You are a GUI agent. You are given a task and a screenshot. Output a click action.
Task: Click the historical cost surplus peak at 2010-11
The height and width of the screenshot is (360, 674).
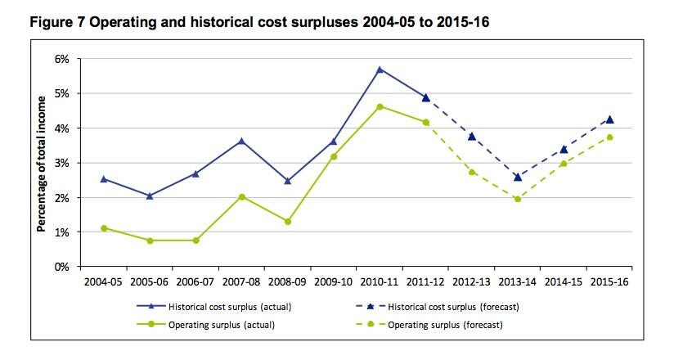click(x=380, y=70)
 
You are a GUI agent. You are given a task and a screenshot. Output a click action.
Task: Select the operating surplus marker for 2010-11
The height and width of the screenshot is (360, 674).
click(x=380, y=106)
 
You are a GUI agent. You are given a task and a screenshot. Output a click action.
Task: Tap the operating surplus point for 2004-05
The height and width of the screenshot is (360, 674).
click(x=104, y=228)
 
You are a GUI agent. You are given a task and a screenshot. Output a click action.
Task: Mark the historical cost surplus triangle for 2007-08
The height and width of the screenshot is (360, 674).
click(x=241, y=141)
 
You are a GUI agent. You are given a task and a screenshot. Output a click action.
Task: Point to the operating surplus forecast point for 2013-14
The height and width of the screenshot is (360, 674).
click(x=518, y=199)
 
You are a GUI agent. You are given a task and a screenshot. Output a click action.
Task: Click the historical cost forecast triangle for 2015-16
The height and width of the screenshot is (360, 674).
click(x=609, y=119)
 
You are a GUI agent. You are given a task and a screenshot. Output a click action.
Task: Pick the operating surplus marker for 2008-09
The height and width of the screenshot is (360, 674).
click(x=288, y=222)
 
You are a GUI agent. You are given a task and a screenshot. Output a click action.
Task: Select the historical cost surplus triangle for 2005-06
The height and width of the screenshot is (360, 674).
click(x=150, y=196)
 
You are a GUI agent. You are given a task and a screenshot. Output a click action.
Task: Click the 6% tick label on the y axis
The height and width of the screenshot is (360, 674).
click(x=63, y=59)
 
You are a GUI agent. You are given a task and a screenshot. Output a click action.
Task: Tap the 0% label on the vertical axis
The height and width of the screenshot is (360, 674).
click(x=63, y=267)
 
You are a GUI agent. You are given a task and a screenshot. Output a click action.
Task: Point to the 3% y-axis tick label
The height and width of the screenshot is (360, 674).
click(x=63, y=163)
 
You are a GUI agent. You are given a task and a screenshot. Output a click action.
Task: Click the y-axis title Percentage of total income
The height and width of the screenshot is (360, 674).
click(x=41, y=163)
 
